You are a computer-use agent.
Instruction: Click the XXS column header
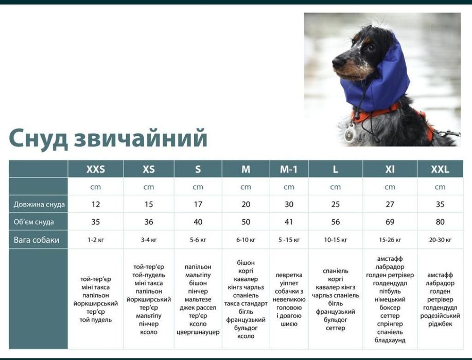[x=96, y=169]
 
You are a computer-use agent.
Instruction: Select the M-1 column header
[x=289, y=169]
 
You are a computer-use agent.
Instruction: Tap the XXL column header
[x=440, y=169]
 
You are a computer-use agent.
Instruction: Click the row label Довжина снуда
[x=39, y=204]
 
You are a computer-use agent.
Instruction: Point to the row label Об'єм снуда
[x=33, y=222]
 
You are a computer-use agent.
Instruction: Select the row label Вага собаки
[x=37, y=240]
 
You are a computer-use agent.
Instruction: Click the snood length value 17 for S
[x=198, y=204]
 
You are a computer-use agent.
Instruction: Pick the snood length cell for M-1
[x=289, y=204]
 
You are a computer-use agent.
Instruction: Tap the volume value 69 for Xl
[x=390, y=222]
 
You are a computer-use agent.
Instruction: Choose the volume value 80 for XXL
[x=440, y=222]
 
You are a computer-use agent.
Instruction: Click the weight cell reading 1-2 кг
[x=96, y=240]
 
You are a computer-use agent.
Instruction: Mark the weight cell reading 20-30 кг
[x=440, y=240]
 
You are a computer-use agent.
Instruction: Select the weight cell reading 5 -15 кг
[x=289, y=240]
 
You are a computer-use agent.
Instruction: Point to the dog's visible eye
[x=370, y=47]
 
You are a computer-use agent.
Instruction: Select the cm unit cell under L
[x=335, y=187]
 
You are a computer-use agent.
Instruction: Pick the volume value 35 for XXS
[x=96, y=222]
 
